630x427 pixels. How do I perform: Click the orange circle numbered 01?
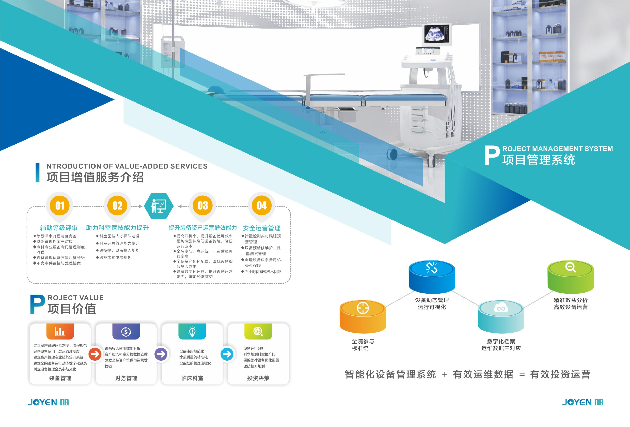[60, 206]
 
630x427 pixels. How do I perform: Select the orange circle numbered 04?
[262, 206]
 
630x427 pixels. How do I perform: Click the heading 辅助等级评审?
[59, 228]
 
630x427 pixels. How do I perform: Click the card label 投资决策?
[258, 378]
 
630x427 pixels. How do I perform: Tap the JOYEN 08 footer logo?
[48, 402]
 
